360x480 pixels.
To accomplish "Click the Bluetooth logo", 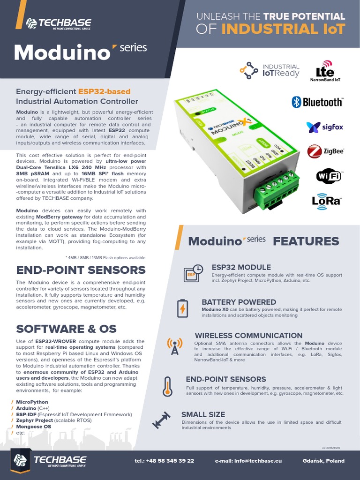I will point(317,102).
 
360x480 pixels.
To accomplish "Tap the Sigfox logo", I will point(325,127).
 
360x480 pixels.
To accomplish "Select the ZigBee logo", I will point(326,151).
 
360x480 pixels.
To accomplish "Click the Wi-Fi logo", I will point(329,176).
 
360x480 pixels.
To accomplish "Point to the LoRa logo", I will point(326,200).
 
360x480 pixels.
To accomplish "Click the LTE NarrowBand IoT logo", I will point(325,71).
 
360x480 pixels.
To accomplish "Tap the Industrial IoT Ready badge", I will point(270,70).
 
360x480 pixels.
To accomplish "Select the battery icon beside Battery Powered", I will point(182,308).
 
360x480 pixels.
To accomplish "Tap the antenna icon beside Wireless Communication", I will point(174,345).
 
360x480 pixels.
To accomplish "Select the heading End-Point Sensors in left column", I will point(81,270).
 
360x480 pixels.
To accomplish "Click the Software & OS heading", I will point(66,328).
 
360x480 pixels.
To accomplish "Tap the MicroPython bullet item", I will point(32,402).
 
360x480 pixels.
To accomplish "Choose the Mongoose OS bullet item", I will point(33,427).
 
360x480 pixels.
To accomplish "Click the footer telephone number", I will point(164,461).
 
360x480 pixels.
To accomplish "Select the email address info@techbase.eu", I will point(248,461).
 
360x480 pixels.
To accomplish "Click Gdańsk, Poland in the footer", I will point(323,461).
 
